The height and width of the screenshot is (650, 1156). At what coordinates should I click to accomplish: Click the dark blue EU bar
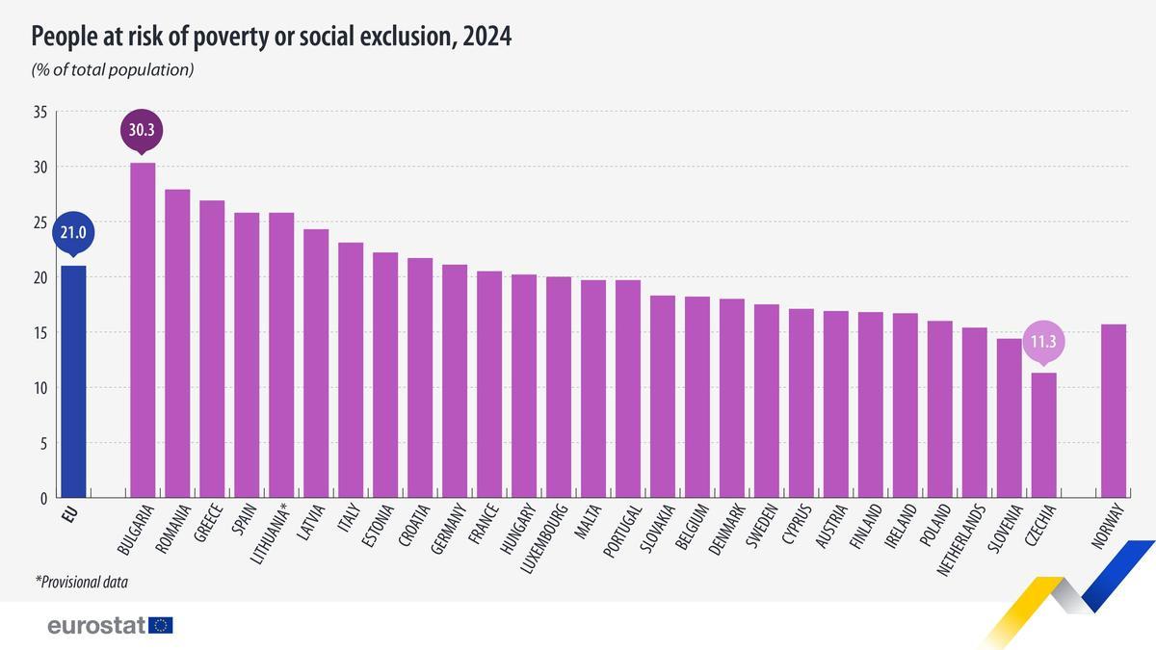coord(73,381)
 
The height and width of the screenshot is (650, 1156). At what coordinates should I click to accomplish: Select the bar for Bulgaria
coord(143,330)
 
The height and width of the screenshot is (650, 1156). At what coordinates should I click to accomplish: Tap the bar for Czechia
coord(1044,435)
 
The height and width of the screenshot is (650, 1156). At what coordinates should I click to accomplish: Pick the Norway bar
coord(1114,411)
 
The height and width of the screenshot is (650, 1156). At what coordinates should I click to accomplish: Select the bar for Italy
coord(351,371)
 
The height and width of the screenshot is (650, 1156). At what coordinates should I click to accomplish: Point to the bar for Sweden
coord(767,402)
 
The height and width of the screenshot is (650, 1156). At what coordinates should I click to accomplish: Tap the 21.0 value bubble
coord(73,232)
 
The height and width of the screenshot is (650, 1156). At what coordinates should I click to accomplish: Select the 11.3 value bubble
coord(1044,341)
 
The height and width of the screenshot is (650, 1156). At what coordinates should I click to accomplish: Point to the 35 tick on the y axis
coord(39,113)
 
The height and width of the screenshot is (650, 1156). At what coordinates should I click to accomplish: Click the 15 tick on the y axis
coord(39,333)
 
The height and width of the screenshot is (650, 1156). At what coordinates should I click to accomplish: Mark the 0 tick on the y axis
coord(43,499)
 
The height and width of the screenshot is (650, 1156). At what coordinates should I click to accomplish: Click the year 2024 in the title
coord(486,37)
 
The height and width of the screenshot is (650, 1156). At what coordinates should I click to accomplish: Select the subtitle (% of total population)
coord(113,69)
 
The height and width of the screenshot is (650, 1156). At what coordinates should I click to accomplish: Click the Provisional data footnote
coord(82,582)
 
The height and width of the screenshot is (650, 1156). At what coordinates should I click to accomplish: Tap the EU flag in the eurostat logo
coord(162,626)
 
